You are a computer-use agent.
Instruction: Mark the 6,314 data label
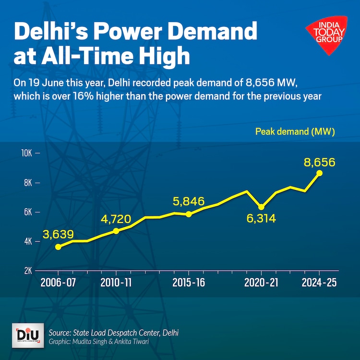[x=260, y=219]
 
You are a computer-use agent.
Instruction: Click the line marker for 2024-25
[x=320, y=173]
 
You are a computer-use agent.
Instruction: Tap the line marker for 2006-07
[x=58, y=247]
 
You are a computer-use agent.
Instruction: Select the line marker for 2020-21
[x=261, y=207]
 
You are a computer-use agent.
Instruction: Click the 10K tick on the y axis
[x=26, y=154]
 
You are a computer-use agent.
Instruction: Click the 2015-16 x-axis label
[x=188, y=283]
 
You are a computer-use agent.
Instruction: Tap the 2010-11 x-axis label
[x=116, y=283]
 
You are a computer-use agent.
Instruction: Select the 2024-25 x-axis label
[x=319, y=283]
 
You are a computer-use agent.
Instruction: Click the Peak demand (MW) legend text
[x=295, y=131]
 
